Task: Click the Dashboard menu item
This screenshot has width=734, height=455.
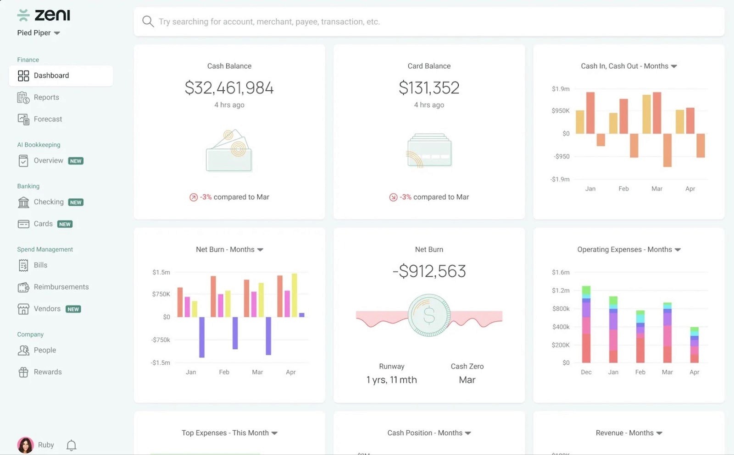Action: point(51,76)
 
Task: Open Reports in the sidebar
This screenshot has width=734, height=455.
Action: point(46,97)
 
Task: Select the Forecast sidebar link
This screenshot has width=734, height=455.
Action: point(47,119)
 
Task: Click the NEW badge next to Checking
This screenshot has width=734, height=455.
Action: point(76,202)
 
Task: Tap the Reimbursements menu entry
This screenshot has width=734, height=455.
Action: point(61,287)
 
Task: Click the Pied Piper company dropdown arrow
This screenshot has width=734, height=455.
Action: point(57,33)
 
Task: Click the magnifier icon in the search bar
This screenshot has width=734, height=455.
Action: point(148,22)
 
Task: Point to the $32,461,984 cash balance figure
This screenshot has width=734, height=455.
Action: point(229,88)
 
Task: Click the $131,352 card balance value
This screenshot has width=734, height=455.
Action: point(429,88)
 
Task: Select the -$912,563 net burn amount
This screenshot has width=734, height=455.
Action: point(429,271)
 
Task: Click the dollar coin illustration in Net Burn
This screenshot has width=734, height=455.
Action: point(429,316)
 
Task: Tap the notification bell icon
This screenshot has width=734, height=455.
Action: point(71,445)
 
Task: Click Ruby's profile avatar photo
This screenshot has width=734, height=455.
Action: point(25,445)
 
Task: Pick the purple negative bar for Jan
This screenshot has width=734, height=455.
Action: point(202,337)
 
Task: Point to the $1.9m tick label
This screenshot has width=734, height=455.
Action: point(560,89)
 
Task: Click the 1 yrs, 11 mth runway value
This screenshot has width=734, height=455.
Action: point(391,380)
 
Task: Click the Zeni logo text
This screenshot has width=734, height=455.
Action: point(52,15)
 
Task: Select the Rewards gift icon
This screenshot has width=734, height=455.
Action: point(23,372)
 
